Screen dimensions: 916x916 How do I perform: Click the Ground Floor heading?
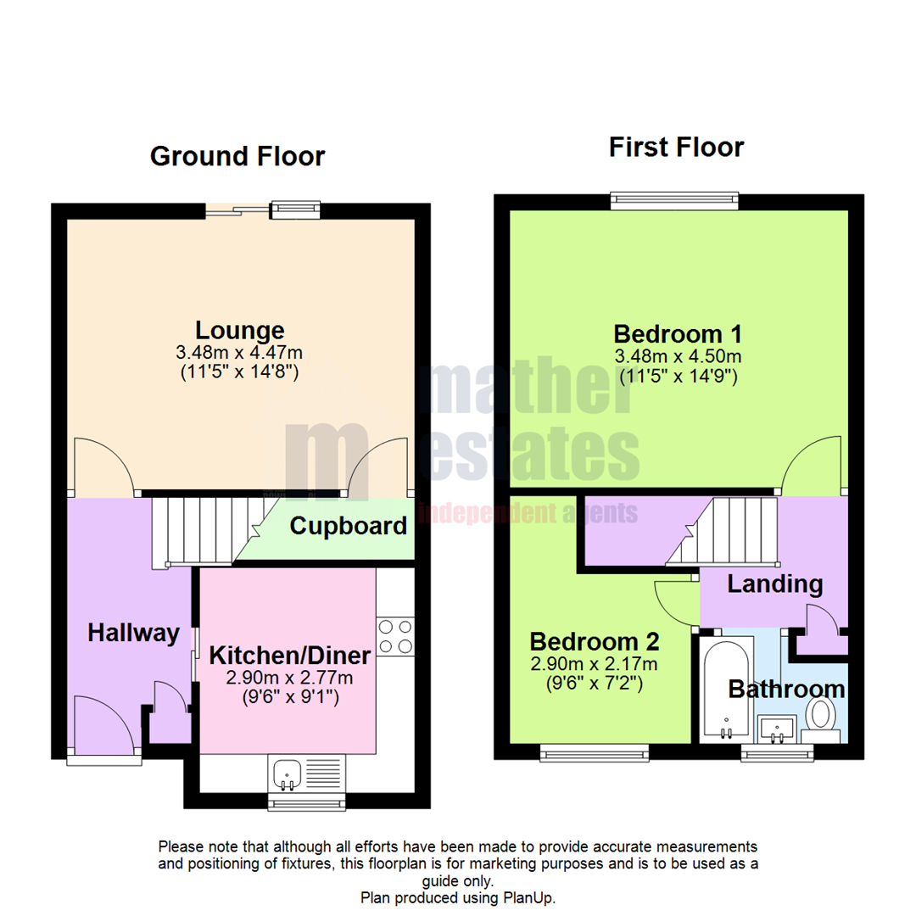(x=237, y=157)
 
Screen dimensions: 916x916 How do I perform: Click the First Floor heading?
(x=676, y=148)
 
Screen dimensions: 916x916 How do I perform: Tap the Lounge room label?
(x=240, y=330)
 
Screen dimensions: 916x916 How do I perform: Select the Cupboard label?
(x=348, y=526)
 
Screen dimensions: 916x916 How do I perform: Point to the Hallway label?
(x=134, y=633)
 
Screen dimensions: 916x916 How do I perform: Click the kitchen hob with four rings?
(x=396, y=637)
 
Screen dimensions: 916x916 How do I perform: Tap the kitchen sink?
(x=287, y=773)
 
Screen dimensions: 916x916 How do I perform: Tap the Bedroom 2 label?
(x=595, y=640)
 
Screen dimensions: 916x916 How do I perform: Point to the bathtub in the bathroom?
(x=725, y=687)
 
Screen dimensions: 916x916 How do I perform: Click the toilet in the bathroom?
(x=820, y=713)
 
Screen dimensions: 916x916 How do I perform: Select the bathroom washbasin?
(x=777, y=728)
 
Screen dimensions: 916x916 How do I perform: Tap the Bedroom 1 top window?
(x=675, y=201)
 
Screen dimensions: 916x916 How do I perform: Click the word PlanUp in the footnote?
(x=533, y=897)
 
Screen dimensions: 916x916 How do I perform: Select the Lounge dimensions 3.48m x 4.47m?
(x=240, y=352)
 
